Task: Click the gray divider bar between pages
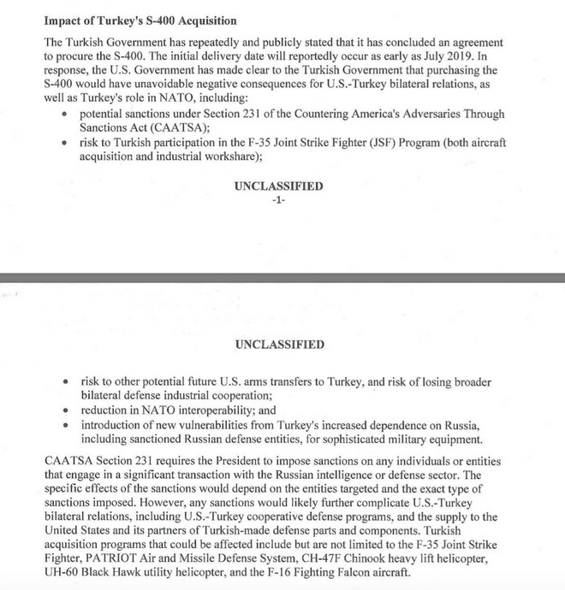coord(282,277)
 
